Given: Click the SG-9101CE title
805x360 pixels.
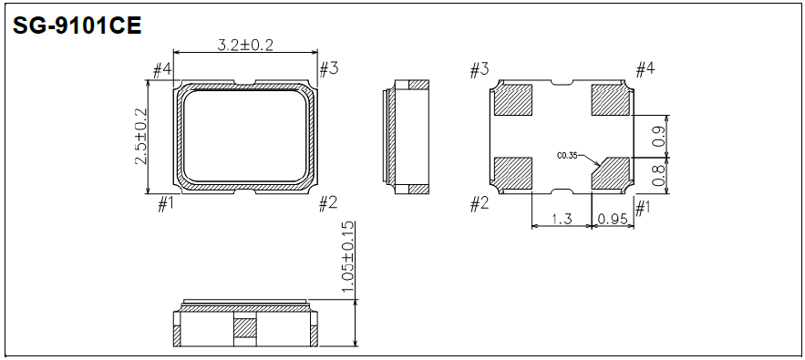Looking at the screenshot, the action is tap(77, 26).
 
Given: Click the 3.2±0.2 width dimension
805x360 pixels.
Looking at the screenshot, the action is tap(245, 45).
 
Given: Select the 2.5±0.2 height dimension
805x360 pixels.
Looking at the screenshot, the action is tap(140, 137).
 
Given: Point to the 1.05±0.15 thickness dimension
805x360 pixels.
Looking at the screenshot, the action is tap(347, 258).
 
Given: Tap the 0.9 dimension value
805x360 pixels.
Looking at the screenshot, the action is tap(660, 136).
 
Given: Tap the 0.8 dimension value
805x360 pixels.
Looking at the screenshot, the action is tap(660, 176).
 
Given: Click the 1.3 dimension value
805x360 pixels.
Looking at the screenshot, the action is tap(562, 220).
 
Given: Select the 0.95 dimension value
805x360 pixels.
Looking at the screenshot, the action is tap(613, 220).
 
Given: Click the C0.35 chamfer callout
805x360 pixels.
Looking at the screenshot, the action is tap(567, 154).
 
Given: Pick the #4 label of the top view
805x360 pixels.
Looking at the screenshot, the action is tap(162, 69).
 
